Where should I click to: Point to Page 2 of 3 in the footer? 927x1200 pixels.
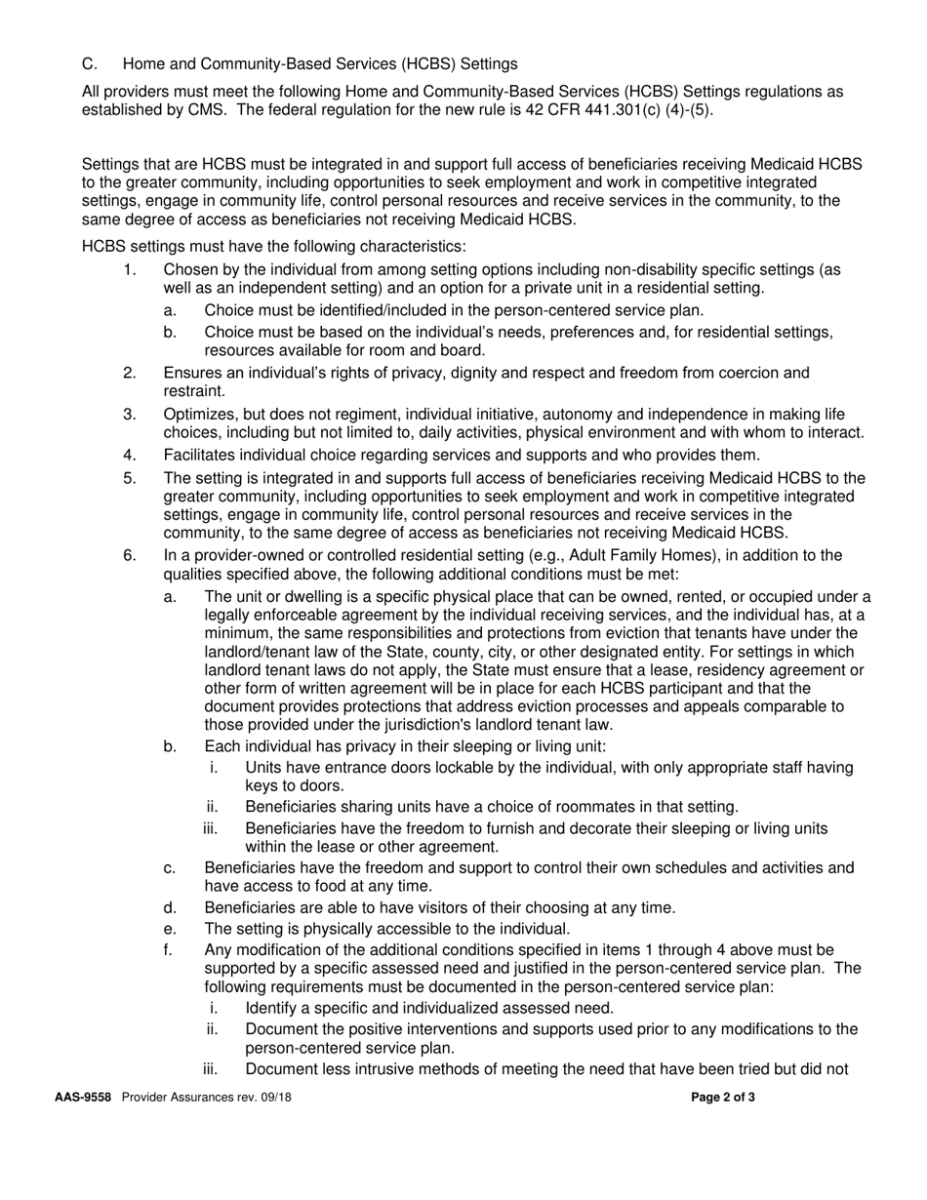tap(723, 1097)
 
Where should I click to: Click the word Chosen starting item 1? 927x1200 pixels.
tap(190, 269)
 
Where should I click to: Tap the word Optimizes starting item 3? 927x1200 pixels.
tap(199, 415)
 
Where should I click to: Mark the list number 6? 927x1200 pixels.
tap(130, 556)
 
